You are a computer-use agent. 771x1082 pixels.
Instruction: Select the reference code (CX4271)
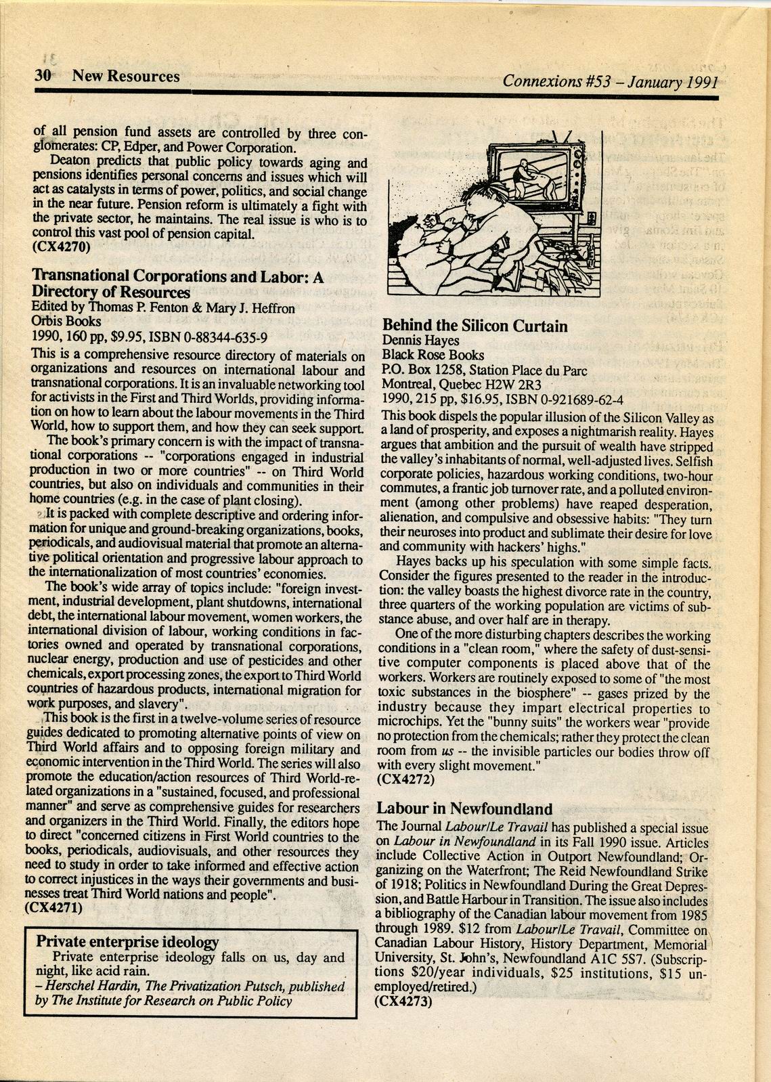click(x=53, y=909)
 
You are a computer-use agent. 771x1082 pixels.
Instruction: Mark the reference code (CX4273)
click(x=403, y=1002)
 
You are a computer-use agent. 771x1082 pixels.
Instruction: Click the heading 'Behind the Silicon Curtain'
click(x=475, y=326)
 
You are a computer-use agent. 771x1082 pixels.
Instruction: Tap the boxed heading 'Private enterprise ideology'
click(x=127, y=942)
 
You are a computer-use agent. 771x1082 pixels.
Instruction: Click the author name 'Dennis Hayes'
click(x=420, y=341)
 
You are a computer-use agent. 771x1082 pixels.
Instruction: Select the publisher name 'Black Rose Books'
click(x=433, y=355)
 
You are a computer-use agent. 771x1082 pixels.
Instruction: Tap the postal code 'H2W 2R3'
click(x=491, y=385)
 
